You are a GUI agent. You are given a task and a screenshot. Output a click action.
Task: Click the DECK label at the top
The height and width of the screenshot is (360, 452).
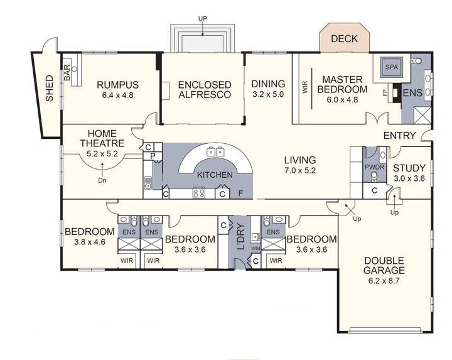pyautogui.click(x=344, y=39)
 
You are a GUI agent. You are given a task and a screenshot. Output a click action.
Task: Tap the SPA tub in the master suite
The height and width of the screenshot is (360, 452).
pyautogui.click(x=392, y=67)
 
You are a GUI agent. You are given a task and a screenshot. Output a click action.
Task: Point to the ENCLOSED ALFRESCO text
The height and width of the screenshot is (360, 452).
pyautogui.click(x=205, y=89)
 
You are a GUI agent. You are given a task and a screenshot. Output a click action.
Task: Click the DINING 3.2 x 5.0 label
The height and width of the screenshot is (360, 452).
pyautogui.click(x=268, y=89)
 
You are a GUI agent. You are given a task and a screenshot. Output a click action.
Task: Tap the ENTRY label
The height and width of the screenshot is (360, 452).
pyautogui.click(x=400, y=136)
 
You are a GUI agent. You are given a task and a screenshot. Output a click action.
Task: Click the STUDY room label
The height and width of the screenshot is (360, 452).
pyautogui.click(x=409, y=173)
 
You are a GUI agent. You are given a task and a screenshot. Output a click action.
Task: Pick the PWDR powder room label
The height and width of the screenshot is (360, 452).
pyautogui.click(x=375, y=168)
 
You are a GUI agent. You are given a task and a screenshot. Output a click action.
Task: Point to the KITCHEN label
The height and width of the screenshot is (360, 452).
pyautogui.click(x=215, y=175)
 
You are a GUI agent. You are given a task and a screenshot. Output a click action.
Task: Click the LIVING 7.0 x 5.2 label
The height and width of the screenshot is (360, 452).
pyautogui.click(x=299, y=165)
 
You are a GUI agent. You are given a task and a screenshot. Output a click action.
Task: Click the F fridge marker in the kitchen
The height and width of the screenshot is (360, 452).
pyautogui.click(x=241, y=194)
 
